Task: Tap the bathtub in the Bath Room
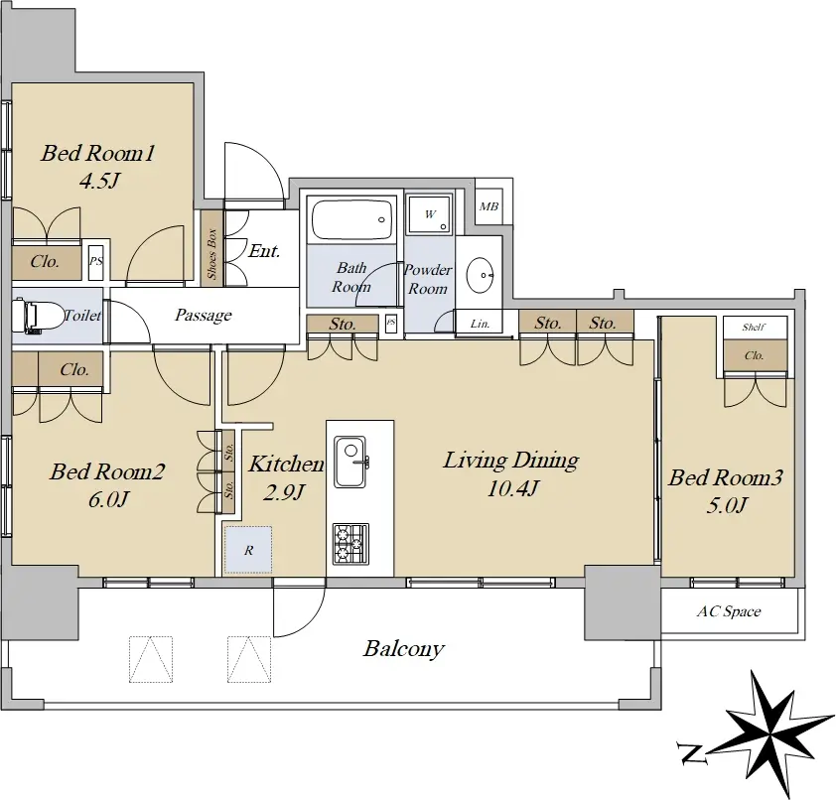pos(352,220)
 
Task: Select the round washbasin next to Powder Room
pos(480,275)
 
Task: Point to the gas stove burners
pos(350,544)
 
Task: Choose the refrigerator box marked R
pos(248,550)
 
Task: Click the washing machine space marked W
pos(430,214)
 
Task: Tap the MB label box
pos(488,205)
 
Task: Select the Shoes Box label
pos(212,254)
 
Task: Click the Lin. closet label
pos(480,324)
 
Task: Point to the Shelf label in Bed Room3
pos(754,327)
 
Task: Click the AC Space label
pos(729,611)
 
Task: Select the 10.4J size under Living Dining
pos(513,487)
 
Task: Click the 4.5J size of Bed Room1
pos(98,182)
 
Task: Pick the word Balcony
pos(404,649)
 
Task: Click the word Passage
pos(204,315)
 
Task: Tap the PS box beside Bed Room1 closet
pos(96,262)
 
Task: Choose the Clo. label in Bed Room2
pos(74,369)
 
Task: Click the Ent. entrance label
pos(264,251)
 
